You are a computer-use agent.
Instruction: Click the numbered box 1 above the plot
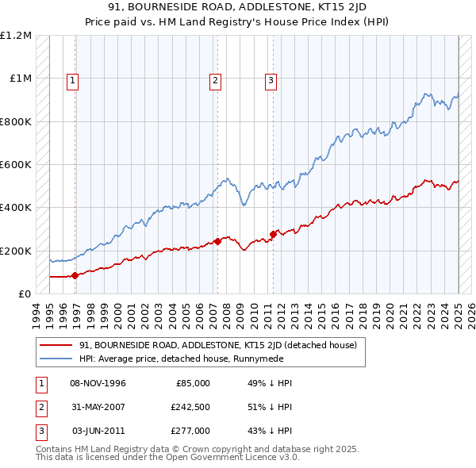pyautogui.click(x=72, y=79)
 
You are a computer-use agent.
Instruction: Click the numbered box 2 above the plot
pyautogui.click(x=215, y=79)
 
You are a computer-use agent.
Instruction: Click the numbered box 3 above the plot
pyautogui.click(x=271, y=79)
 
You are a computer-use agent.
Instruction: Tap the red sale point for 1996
pyautogui.click(x=75, y=275)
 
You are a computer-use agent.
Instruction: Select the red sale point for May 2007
pyautogui.click(x=217, y=241)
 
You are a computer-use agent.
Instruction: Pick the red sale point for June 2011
pyautogui.click(x=273, y=233)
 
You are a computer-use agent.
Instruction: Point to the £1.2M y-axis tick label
pyautogui.click(x=16, y=36)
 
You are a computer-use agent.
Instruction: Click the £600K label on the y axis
pyautogui.click(x=16, y=165)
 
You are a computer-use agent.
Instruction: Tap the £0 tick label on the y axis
pyautogui.click(x=24, y=293)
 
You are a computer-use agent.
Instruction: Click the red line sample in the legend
pyautogui.click(x=56, y=345)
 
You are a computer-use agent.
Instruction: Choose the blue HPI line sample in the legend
pyautogui.click(x=56, y=359)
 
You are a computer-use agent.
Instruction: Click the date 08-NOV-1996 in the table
pyautogui.click(x=98, y=383)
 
